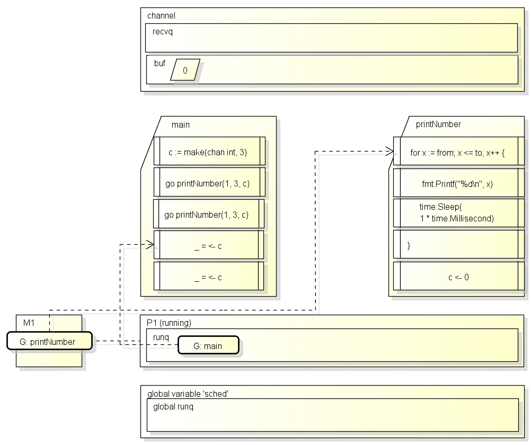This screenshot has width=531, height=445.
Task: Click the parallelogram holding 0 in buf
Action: (185, 70)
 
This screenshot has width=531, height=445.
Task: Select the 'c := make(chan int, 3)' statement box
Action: (209, 151)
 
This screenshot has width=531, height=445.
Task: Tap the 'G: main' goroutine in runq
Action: (209, 345)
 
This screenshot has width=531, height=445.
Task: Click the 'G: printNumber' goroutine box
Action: (49, 341)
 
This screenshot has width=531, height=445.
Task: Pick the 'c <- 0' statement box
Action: (458, 276)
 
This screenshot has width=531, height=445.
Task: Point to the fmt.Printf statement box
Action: (458, 183)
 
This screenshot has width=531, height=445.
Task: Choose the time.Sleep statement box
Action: (458, 212)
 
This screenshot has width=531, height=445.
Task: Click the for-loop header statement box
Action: (458, 151)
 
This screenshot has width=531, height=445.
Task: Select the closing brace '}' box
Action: (458, 244)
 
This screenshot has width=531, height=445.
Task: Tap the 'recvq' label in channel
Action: (163, 31)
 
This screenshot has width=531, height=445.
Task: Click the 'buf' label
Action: (160, 64)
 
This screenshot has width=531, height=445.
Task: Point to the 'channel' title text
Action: (161, 15)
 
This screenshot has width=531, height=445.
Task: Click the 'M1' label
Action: (29, 323)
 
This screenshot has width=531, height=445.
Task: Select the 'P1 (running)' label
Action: (169, 323)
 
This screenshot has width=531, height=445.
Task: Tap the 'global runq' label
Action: (173, 406)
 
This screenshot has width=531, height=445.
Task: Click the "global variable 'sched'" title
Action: (188, 394)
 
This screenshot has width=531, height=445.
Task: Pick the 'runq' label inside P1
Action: (161, 337)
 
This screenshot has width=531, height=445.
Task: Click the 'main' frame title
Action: (181, 124)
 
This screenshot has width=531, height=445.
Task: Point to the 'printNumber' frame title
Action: (438, 124)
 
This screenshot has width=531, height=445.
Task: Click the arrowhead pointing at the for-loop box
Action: (390, 152)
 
